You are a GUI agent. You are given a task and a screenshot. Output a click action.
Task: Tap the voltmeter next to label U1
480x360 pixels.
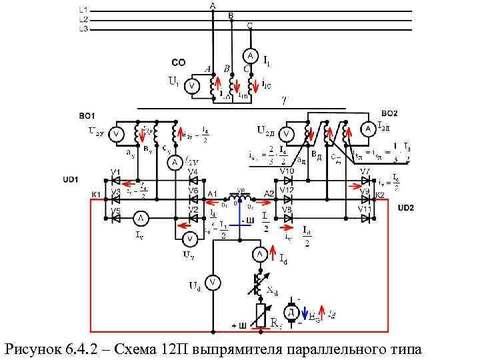click(x=191, y=85)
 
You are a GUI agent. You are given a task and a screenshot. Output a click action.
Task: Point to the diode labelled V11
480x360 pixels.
click(x=365, y=217)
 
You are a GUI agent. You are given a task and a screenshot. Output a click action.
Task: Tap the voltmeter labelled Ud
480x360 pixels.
click(x=212, y=283)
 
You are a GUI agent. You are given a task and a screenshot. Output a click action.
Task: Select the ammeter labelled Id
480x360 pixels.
click(x=259, y=254)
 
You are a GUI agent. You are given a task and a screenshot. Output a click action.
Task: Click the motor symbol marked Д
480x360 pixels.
click(x=291, y=312)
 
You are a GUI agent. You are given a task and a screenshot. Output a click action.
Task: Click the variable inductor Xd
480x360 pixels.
click(x=259, y=283)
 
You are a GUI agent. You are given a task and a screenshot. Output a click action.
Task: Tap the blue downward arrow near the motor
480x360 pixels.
click(x=305, y=313)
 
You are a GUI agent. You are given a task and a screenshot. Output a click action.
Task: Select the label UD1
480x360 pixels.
click(x=71, y=179)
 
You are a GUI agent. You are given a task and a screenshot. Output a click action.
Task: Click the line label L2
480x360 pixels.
click(x=83, y=20)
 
